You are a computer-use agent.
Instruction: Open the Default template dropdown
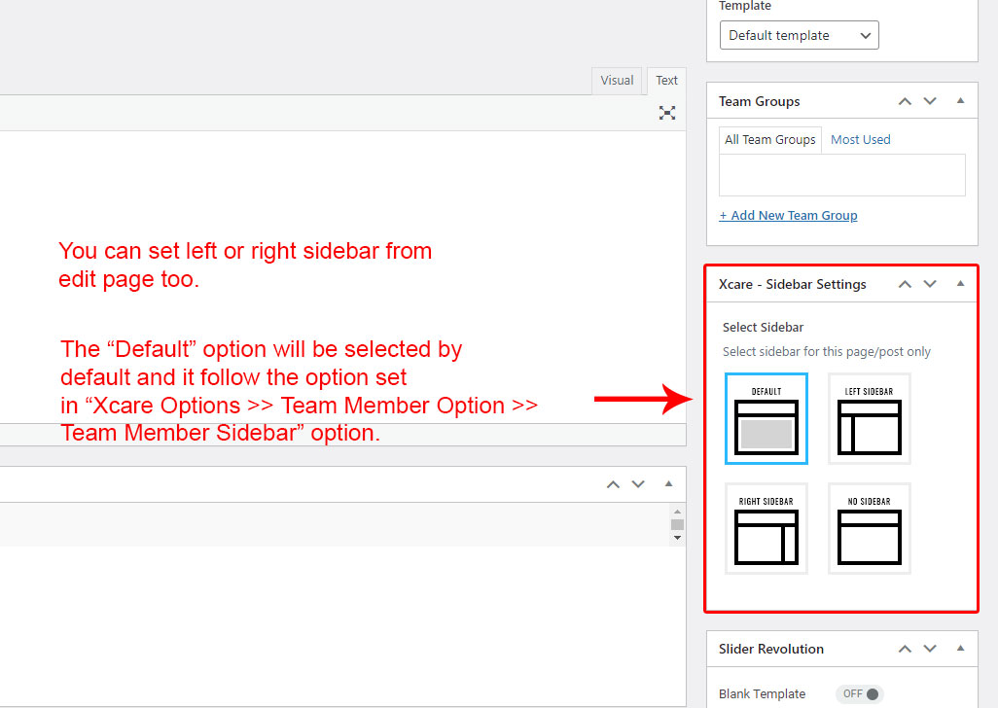point(799,35)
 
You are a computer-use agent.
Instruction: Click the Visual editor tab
point(617,81)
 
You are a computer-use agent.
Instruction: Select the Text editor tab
point(666,81)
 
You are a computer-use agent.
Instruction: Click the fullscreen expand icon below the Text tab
point(667,113)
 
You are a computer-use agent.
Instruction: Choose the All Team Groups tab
point(770,140)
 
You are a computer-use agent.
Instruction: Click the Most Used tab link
point(861,140)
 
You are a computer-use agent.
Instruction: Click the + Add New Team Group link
point(788,216)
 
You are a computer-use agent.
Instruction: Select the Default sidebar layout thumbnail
point(766,418)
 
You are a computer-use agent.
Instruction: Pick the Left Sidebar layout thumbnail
point(870,418)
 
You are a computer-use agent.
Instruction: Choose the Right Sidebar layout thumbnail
point(766,529)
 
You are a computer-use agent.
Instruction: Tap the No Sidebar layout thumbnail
point(870,529)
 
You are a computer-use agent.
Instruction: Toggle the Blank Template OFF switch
point(860,694)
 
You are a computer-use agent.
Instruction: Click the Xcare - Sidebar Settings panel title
point(793,284)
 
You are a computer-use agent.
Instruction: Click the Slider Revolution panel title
point(770,649)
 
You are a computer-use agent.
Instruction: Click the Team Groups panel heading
point(760,102)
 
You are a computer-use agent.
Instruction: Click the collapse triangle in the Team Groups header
point(960,100)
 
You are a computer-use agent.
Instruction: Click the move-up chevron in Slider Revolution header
point(905,649)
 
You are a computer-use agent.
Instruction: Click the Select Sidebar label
point(764,328)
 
